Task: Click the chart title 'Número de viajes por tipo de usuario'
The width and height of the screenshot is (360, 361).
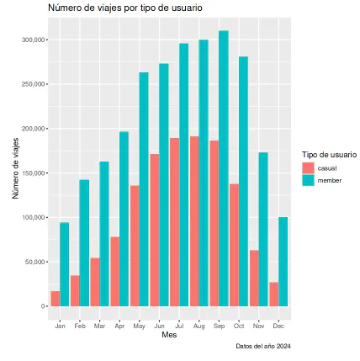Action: (124, 8)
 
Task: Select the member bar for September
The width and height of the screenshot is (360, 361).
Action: (224, 168)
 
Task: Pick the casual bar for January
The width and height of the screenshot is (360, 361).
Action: (55, 299)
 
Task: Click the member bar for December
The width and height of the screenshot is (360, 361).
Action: (283, 262)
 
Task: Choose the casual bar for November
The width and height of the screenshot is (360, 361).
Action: (254, 278)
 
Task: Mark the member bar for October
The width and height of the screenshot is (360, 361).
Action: (244, 182)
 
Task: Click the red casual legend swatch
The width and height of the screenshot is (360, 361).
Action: (308, 168)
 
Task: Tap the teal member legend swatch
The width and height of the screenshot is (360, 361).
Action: (308, 180)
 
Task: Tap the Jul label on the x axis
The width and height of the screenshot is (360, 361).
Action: (179, 325)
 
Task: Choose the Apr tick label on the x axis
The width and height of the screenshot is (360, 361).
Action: (119, 325)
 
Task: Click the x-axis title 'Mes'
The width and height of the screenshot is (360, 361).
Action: (169, 335)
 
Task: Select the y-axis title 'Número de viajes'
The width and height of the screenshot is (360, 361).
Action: (16, 168)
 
